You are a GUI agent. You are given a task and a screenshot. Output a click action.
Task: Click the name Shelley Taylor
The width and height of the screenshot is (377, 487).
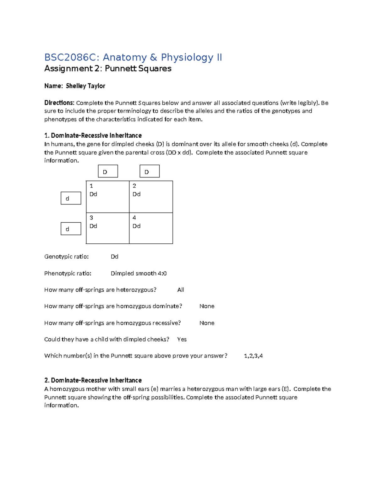point(85,86)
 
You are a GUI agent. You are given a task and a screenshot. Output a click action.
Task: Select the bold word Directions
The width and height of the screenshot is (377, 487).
point(59,103)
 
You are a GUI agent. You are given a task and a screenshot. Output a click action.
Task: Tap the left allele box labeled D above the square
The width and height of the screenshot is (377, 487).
point(108,172)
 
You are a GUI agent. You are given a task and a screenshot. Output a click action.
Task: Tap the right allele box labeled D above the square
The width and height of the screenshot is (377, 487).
point(150,172)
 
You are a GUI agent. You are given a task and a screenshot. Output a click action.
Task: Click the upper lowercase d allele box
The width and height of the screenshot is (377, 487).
point(71,199)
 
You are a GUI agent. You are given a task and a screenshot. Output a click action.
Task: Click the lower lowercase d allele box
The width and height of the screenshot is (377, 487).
point(71,229)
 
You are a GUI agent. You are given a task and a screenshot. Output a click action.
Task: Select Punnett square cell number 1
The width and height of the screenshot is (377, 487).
point(107,197)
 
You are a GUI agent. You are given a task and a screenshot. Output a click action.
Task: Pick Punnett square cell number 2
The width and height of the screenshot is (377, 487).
point(151,197)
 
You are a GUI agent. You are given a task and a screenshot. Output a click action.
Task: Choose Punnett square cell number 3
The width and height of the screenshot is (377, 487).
point(107,228)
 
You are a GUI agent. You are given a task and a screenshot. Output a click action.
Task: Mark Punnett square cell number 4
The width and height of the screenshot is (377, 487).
point(151,228)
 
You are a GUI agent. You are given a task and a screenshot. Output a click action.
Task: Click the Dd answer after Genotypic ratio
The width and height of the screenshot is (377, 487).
point(114,257)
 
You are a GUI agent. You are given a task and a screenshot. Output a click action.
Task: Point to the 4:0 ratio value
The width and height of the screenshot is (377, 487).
point(162,273)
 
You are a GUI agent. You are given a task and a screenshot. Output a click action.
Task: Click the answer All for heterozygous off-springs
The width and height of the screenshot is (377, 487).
point(181,290)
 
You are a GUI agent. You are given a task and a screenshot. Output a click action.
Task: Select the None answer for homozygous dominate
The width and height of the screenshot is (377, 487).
point(207,306)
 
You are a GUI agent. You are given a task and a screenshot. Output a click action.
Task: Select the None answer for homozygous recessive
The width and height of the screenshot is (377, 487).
point(207,323)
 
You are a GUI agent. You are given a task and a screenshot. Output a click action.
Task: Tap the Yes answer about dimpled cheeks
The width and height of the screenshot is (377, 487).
point(182,339)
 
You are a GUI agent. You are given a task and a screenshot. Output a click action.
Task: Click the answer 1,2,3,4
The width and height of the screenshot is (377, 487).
point(253,356)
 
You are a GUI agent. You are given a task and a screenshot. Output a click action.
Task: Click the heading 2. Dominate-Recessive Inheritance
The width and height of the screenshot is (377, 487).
point(93,380)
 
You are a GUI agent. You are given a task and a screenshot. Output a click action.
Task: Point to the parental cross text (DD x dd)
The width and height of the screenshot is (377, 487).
point(179,152)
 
